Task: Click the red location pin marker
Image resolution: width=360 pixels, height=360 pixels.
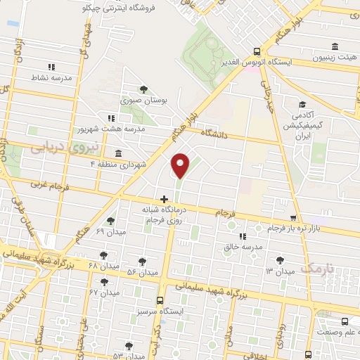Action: (x=181, y=165)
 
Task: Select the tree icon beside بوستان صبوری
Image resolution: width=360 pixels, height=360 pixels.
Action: (x=144, y=89)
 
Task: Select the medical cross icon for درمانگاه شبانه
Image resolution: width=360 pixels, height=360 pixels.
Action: (x=165, y=199)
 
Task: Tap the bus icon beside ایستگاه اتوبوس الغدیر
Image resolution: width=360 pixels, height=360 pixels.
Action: (x=257, y=51)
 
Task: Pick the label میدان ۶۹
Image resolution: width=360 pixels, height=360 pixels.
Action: (x=110, y=231)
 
